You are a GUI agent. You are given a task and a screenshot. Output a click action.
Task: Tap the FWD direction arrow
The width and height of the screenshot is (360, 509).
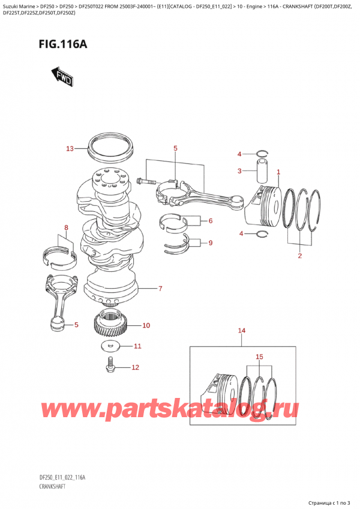[62, 76]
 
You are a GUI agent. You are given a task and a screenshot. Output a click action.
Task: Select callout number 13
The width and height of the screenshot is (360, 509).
[70, 148]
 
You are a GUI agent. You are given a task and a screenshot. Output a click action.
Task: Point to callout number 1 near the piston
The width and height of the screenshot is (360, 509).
[278, 172]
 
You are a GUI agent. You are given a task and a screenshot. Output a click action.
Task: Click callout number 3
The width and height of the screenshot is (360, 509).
[239, 171]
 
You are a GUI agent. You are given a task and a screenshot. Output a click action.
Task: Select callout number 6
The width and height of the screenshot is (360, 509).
[211, 221]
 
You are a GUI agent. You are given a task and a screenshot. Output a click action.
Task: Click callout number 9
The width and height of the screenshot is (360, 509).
[211, 243]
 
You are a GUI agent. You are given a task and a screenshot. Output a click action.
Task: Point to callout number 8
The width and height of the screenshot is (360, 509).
[67, 227]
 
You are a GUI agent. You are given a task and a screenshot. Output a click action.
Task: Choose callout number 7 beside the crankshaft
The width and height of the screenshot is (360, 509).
[160, 289]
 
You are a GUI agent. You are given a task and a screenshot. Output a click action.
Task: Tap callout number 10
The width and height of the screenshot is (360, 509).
[146, 325]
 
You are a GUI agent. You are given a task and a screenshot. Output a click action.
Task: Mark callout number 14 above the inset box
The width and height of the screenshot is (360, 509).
[242, 331]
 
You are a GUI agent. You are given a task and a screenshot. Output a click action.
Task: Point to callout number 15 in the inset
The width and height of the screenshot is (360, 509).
[259, 358]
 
